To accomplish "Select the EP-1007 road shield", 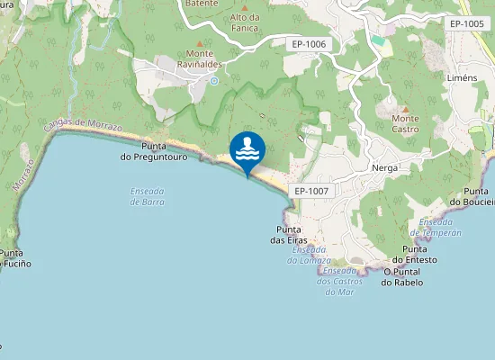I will coord(311,192).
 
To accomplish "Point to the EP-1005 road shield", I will coord(467,23).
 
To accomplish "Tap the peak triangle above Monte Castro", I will coord(405,107).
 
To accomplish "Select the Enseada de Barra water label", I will coord(147,196).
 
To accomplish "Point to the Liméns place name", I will coord(462,79).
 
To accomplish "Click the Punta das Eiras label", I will coord(291,234).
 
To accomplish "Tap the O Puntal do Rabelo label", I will coord(402,276).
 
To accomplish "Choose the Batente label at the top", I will coord(201,4).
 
